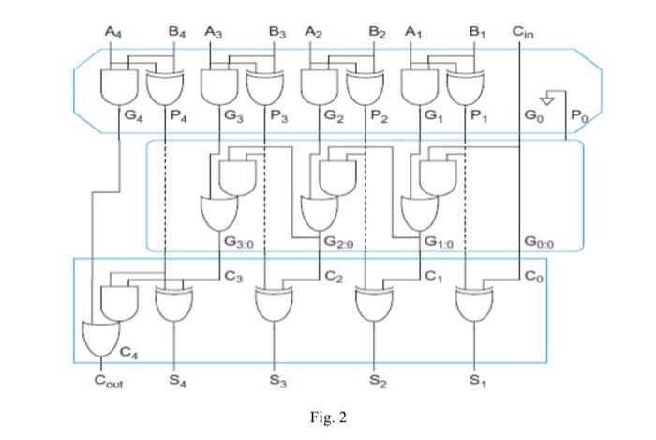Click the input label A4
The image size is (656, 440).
tap(113, 32)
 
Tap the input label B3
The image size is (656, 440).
tap(276, 32)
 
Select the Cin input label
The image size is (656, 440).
tap(523, 32)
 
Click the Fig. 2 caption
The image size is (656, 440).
tap(327, 416)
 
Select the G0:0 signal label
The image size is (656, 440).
tap(541, 242)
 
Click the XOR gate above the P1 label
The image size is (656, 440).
tap(465, 88)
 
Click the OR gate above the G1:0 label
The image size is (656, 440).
tap(418, 212)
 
